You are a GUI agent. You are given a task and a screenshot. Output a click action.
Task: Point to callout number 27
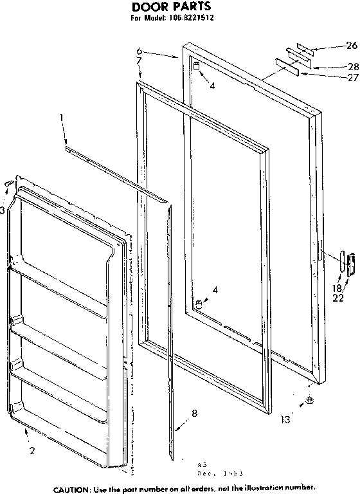[x=350, y=78]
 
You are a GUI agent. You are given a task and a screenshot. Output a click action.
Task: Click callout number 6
[x=139, y=51]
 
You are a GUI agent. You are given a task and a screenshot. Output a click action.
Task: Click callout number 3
[x=3, y=210]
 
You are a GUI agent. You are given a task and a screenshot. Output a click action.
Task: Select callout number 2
[x=32, y=450]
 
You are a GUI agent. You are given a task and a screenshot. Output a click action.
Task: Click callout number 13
[x=285, y=420]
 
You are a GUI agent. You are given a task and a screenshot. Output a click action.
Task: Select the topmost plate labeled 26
[x=301, y=50]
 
